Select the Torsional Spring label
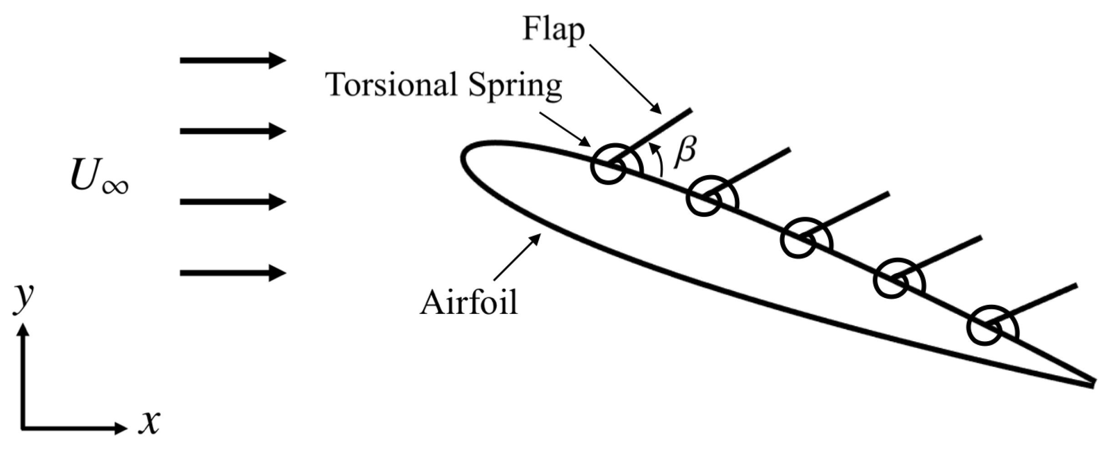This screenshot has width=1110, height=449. coord(444,85)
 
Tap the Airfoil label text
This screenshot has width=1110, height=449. coord(469,303)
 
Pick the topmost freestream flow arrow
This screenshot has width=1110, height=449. coord(232,60)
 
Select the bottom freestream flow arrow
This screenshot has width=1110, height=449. coord(232,273)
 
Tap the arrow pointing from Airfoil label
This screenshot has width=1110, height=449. coord(517,257)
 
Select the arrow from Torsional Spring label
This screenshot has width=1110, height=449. coord(566,130)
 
